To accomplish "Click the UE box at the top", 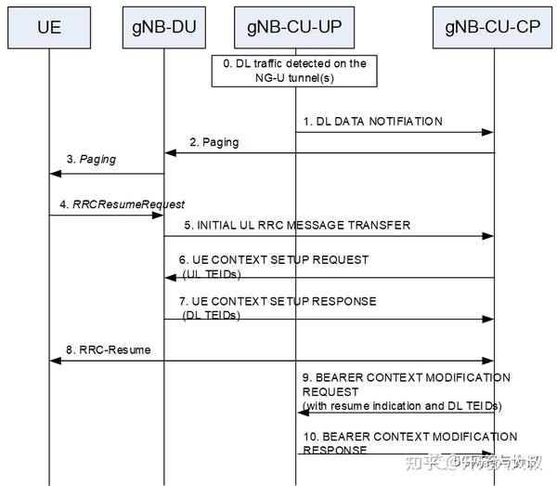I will click(x=49, y=27).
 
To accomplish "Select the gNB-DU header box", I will click(x=164, y=27).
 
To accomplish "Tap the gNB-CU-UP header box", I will click(x=295, y=27).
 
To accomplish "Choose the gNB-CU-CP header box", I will click(x=493, y=27).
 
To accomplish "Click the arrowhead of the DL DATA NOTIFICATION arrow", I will click(x=487, y=133).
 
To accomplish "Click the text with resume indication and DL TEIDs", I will click(x=401, y=405).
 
